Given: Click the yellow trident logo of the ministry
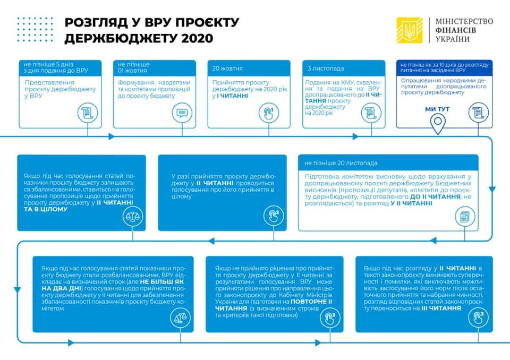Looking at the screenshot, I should coord(410,31).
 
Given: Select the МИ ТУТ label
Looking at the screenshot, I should coord(438,109).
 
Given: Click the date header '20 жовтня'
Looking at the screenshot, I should coord(227,68).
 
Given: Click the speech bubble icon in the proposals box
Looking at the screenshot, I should coord(181,113).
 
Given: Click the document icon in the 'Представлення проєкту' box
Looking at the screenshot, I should coord(86,113).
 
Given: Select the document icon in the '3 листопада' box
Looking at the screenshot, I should coord(370,113).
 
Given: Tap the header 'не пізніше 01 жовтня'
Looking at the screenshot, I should coord(134,67).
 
